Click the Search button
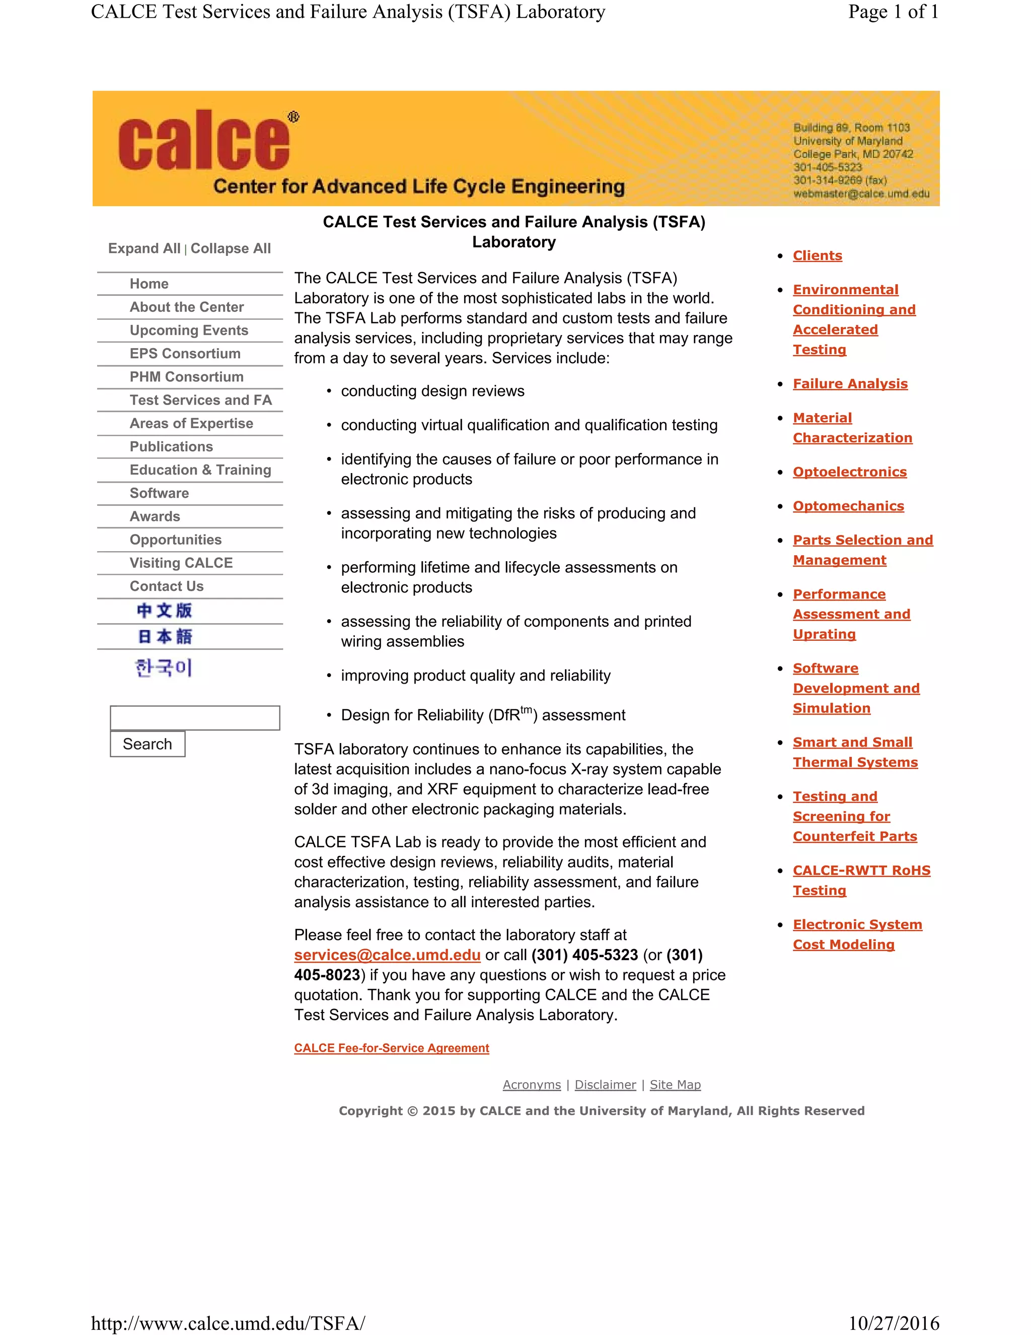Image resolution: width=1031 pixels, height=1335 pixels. [147, 744]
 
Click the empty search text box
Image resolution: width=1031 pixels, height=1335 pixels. [195, 717]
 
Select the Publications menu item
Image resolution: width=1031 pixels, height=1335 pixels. [171, 447]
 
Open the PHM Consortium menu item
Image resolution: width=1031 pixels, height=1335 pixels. [186, 377]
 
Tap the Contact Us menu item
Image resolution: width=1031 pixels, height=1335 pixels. [166, 586]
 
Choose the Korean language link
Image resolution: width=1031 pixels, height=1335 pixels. [164, 667]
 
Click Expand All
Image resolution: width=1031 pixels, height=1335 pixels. [144, 249]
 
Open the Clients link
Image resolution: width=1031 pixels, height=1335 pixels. [817, 255]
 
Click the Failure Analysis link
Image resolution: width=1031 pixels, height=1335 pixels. [850, 384]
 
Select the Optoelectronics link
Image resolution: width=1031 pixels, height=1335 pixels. [849, 472]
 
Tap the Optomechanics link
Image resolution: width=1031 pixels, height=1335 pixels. [848, 506]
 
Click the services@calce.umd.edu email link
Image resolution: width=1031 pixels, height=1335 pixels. [387, 955]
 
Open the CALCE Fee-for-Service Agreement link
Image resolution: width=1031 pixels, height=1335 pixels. [392, 1048]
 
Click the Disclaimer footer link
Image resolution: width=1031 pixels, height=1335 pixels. [605, 1085]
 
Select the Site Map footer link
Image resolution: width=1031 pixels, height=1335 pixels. [675, 1085]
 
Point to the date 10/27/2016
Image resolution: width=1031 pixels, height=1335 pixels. [893, 1323]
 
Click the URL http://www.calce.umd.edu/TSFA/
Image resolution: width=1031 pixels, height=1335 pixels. [228, 1323]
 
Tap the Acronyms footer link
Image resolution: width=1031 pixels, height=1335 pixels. [532, 1085]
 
